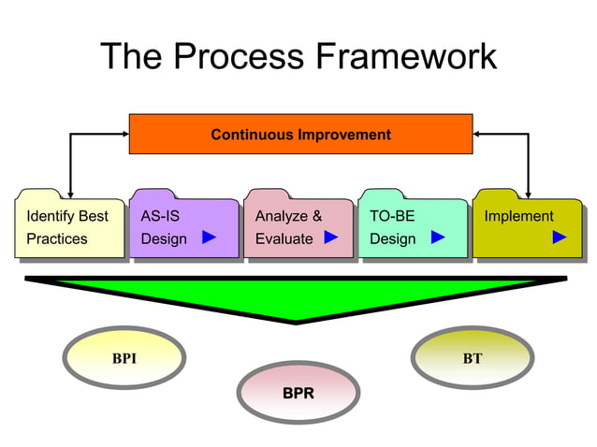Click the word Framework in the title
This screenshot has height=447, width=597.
tap(406, 57)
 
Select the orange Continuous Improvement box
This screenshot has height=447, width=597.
tap(300, 134)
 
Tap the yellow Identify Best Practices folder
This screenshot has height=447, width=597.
tap(69, 227)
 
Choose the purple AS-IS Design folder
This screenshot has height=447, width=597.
tap(183, 227)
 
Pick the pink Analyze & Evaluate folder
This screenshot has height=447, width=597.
tap(298, 227)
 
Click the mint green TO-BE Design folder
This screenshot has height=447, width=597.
tap(412, 227)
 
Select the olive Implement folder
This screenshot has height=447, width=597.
tap(526, 227)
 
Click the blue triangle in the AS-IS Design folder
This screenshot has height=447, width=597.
tap(210, 238)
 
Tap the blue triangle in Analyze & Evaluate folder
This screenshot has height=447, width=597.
tap(330, 238)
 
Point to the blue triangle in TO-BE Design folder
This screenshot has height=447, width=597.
tap(437, 238)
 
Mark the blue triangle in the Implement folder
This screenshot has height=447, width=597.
tap(560, 238)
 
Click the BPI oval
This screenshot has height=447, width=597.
tap(124, 359)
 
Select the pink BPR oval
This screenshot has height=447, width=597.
tap(298, 393)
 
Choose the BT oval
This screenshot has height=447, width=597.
tap(473, 359)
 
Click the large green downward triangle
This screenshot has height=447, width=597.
tap(297, 296)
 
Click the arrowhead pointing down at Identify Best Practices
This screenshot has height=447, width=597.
tap(69, 193)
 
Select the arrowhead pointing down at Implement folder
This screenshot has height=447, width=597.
tap(528, 193)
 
